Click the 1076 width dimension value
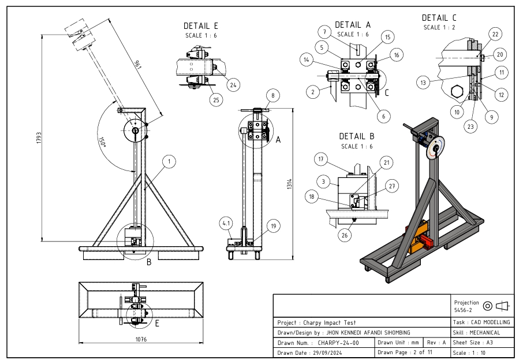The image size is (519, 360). (x=140, y=340)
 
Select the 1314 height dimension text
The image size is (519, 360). (x=289, y=185)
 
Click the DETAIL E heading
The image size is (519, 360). (x=200, y=26)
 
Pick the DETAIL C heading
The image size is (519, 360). (x=439, y=18)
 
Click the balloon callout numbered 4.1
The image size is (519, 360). (x=226, y=222)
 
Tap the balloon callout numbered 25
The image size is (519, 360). (x=216, y=100)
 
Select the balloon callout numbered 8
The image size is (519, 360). (x=272, y=95)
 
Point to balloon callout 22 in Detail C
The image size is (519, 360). (x=495, y=35)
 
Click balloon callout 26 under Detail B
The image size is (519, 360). (x=345, y=235)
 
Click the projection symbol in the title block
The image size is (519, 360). (x=495, y=305)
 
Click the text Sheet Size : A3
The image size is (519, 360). (x=473, y=343)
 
